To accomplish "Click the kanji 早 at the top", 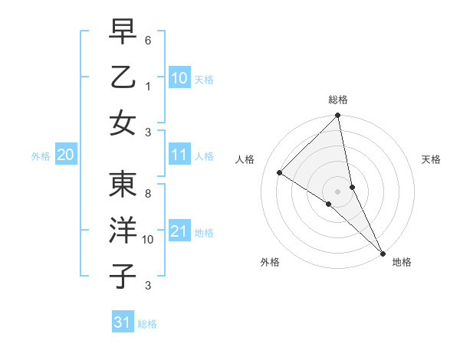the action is click(123, 34).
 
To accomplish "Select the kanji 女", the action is click(123, 122).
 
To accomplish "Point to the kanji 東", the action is click(123, 185).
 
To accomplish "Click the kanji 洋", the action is click(123, 231).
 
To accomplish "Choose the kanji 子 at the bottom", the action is click(123, 275).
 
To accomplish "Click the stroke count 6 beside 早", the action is click(149, 39).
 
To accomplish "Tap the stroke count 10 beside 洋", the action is click(148, 240).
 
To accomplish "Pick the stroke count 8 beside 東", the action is click(148, 195).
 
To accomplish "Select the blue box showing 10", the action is click(179, 78).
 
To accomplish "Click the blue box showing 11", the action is click(179, 155).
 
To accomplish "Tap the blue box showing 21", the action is click(179, 231).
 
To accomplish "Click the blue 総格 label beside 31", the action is click(147, 324).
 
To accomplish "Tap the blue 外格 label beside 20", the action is click(41, 156).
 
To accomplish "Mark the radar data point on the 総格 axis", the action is click(338, 116).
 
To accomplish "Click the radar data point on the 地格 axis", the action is click(382, 252).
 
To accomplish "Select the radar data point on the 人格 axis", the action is click(280, 172).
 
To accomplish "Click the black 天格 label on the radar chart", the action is click(432, 159).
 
